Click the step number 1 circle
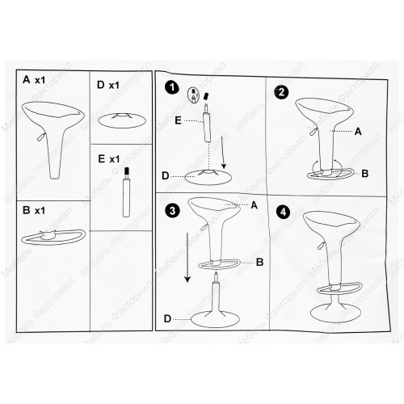coord(172,88)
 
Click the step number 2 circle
coord(281,92)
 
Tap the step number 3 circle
coord(172,211)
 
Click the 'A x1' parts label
coord(34,80)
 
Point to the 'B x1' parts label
coord(34,210)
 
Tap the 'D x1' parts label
coord(108,85)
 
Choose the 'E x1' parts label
coord(109,159)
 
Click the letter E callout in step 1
coord(178,120)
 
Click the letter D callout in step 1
coord(166,176)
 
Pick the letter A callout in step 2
coord(358,132)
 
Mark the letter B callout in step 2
coord(365,174)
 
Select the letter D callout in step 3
coord(167,319)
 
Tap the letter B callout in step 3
coord(259,262)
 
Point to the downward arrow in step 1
coord(223,153)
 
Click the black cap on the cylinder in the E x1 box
coord(127,171)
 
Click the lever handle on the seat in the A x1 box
coord(41,137)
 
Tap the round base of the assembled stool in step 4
coord(335,314)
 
